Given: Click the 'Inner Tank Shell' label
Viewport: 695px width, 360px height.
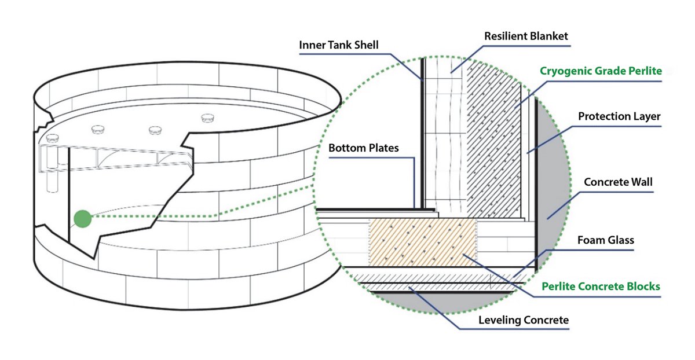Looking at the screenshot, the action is (338, 45).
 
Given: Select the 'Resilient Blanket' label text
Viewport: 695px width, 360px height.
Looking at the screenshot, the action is (526, 36).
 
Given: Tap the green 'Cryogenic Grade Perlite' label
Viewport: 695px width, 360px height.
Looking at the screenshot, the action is (601, 71).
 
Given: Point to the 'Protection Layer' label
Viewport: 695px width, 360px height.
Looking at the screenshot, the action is (619, 116).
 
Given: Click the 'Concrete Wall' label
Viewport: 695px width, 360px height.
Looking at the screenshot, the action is (618, 182).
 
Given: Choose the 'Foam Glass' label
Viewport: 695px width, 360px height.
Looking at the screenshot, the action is (606, 240).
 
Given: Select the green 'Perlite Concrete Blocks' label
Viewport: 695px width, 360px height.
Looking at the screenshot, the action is (601, 286).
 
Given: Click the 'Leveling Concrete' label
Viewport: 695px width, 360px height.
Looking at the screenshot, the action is (524, 320).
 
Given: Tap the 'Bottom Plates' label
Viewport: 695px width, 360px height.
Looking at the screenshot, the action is (363, 148).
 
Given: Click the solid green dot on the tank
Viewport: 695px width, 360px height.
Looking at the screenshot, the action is (83, 219).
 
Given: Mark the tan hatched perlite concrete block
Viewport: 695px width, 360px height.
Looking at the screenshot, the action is (423, 242).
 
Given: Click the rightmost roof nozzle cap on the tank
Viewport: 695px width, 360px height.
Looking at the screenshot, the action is (207, 118).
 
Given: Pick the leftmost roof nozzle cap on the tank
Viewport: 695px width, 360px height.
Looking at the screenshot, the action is (52, 138).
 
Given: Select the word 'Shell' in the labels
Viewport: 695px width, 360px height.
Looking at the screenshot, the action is (367, 45).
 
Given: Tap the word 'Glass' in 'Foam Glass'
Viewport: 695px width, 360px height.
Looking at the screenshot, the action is (620, 240).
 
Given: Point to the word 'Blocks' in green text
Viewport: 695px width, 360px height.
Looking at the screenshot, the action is (643, 286).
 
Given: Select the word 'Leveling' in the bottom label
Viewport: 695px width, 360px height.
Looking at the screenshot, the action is (499, 320).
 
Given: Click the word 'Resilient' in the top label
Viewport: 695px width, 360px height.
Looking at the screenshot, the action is (505, 36).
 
